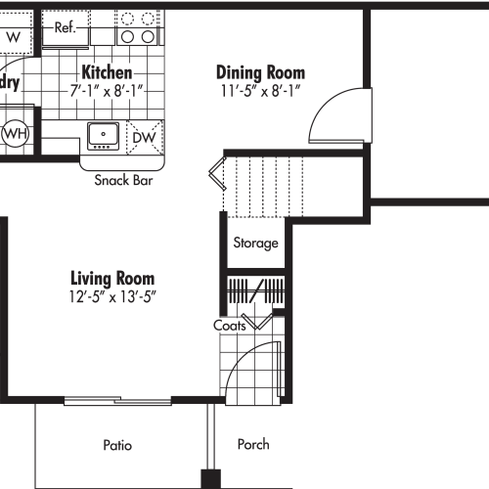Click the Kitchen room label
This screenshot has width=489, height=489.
click(x=108, y=72)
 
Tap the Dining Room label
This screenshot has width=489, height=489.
click(x=260, y=72)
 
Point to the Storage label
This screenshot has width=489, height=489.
click(x=255, y=244)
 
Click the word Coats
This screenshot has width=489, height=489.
click(x=230, y=326)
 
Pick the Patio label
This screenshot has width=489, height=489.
click(x=117, y=445)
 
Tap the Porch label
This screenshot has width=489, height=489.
click(x=253, y=445)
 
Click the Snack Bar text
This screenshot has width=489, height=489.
click(x=123, y=180)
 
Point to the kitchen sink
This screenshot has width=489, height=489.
click(x=102, y=135)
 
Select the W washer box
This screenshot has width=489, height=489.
click(x=14, y=36)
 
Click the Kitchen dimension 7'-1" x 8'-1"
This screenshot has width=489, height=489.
click(x=108, y=90)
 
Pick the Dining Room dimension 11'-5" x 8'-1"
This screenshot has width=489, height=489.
click(x=260, y=91)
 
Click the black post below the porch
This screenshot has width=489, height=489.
click(x=209, y=479)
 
